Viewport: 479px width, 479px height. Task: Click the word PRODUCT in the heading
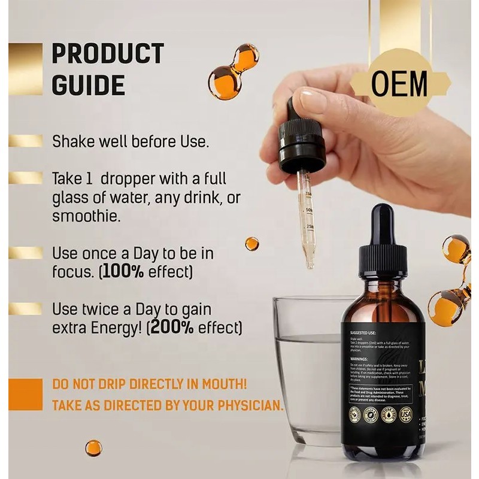[108, 54]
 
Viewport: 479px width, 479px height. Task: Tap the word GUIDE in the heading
[88, 85]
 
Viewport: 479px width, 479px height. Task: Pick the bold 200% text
[174, 328]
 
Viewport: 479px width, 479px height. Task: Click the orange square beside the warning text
[26, 395]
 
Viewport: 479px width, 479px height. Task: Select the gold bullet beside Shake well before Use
[26, 141]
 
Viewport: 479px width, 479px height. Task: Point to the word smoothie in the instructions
[86, 216]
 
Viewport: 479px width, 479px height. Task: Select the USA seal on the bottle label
[407, 414]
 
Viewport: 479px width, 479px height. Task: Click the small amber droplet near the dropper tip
[252, 244]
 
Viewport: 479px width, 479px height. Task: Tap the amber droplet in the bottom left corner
[93, 448]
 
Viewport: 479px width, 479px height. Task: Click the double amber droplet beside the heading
[233, 71]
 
